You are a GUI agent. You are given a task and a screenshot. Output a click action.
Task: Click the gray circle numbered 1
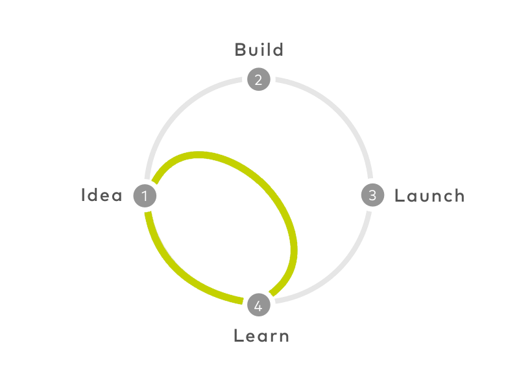pos(145,196)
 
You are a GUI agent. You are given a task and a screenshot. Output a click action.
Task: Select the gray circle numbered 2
pos(259,79)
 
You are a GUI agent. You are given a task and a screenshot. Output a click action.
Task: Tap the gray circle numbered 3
pos(372,195)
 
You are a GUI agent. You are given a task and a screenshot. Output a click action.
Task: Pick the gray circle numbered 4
pos(259,305)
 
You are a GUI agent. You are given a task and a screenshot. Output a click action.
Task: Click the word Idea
pos(102,195)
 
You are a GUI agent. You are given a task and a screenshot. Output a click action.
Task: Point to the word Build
pos(259,50)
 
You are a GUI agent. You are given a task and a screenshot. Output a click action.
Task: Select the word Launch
pos(429,196)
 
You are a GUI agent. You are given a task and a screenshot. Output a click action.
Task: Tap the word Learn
pos(261,336)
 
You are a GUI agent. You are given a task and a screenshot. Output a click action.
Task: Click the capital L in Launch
pos(400,196)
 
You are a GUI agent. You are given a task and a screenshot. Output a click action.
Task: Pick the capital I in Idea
pos(83,195)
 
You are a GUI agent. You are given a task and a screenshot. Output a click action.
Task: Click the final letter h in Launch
pos(459,195)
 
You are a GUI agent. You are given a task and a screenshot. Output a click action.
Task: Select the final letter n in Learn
pos(284,337)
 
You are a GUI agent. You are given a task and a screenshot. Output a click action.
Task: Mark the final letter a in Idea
pos(117,196)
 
